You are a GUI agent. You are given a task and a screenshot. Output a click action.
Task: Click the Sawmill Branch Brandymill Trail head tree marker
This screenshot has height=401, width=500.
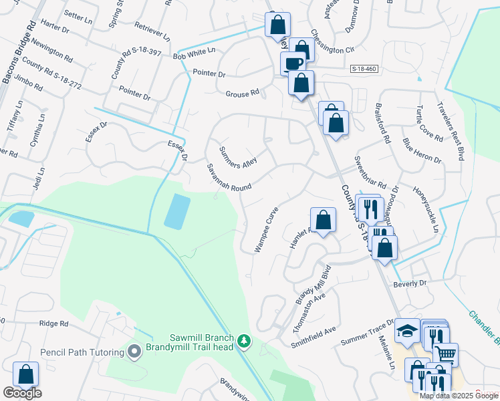(245, 342)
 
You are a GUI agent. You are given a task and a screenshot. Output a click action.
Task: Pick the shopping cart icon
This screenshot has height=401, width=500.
(446, 354)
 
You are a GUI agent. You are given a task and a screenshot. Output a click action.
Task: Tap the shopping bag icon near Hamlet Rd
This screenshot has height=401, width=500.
(323, 219)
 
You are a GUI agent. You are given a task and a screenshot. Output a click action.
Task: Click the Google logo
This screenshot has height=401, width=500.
(22, 394)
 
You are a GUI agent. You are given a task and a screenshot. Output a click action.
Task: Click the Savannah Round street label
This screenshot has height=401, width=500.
(228, 178)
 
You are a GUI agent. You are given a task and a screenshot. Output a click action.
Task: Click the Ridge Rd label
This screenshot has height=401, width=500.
(54, 323)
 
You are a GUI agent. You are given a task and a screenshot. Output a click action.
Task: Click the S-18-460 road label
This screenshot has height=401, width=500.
(364, 69)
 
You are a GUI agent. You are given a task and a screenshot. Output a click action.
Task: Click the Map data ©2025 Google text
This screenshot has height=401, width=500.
(459, 396)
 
